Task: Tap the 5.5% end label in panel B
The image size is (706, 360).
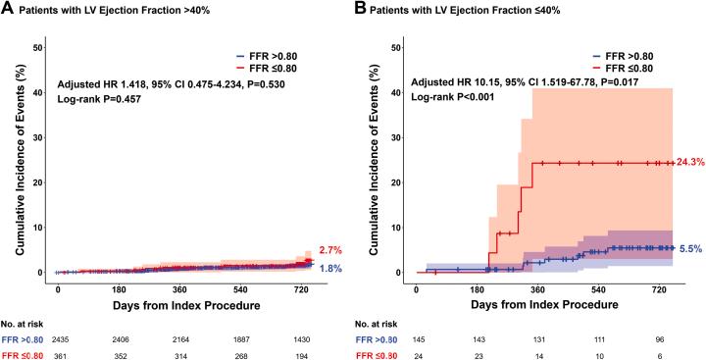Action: (690, 250)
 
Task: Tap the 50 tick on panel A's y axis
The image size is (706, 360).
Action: (37, 47)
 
